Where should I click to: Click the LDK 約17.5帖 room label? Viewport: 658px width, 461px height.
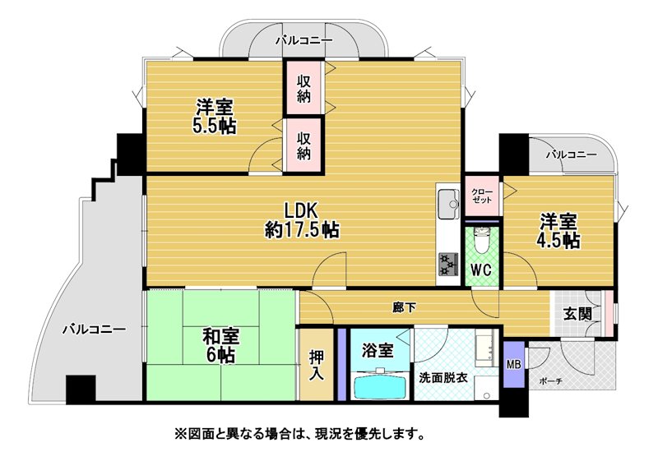coord(302,219)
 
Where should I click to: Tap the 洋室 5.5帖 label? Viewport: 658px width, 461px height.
coord(215,116)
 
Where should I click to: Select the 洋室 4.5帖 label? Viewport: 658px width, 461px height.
coord(558,231)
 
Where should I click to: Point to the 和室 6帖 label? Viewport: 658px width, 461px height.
coord(220,345)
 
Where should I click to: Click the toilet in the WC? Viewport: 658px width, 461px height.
coord(481,239)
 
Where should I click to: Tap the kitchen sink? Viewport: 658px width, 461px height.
coord(448,204)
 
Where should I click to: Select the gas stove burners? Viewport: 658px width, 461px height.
coord(448,264)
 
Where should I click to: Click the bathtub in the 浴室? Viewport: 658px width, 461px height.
coord(382,385)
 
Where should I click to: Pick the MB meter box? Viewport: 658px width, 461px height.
coord(513,365)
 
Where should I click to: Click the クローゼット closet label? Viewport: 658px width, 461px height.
coord(482,196)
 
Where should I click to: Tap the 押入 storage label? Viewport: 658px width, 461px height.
coord(317,366)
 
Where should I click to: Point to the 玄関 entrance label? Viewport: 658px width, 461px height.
coord(577,313)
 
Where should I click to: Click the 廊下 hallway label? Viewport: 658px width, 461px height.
coord(404,308)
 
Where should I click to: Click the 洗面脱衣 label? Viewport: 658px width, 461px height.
coord(443,377)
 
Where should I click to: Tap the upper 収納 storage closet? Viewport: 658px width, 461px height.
coord(304,88)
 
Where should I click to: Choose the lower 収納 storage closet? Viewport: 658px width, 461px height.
coord(304,145)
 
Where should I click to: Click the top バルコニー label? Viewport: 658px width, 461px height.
coord(304,40)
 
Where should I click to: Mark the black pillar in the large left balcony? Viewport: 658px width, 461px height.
coord(81,390)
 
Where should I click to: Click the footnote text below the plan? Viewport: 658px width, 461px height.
coord(299,432)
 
